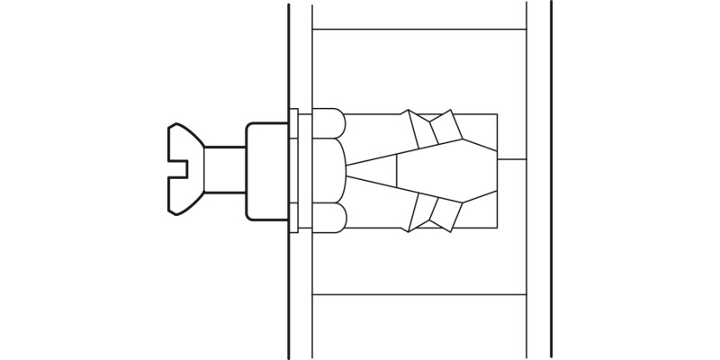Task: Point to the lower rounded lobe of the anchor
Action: (x=328, y=218)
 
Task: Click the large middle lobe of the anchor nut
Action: (x=328, y=170)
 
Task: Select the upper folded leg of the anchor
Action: (x=434, y=129)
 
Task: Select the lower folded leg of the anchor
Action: (x=434, y=212)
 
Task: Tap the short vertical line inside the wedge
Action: (x=398, y=170)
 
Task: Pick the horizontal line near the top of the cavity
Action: (x=418, y=31)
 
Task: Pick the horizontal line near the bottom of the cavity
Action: (x=418, y=294)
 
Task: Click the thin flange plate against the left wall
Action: (x=293, y=170)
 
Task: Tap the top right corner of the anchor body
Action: (x=497, y=113)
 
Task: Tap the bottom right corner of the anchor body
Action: (x=497, y=229)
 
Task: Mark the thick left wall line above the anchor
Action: (x=288, y=54)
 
